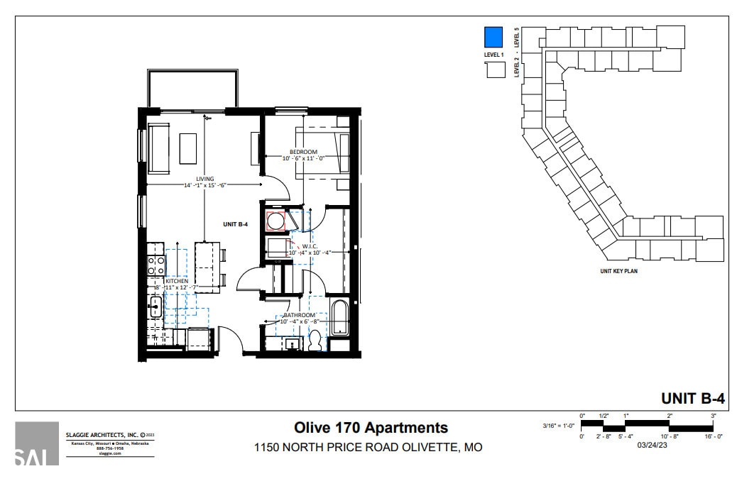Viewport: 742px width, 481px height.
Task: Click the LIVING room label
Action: point(204,179)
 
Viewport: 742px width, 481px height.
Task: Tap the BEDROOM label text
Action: point(303,152)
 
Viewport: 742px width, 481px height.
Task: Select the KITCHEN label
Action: point(177,281)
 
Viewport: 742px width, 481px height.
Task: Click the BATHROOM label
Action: point(299,314)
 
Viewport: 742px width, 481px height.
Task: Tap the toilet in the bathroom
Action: point(315,341)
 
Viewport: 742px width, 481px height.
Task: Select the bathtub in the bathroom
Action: point(340,318)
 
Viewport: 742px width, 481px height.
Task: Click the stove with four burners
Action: point(156,265)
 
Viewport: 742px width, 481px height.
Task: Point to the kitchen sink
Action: point(155,306)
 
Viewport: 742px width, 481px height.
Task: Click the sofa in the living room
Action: point(158,148)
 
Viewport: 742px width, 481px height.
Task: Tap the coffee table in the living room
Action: point(187,148)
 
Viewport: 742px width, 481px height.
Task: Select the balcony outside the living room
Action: point(192,89)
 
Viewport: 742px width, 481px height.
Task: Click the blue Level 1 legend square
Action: point(493,36)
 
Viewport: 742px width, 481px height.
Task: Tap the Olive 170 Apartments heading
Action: point(371,428)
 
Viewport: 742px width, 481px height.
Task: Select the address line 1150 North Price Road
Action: point(369,448)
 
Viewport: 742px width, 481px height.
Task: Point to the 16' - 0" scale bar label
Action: point(712,437)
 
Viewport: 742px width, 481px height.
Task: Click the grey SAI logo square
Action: point(37,443)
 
